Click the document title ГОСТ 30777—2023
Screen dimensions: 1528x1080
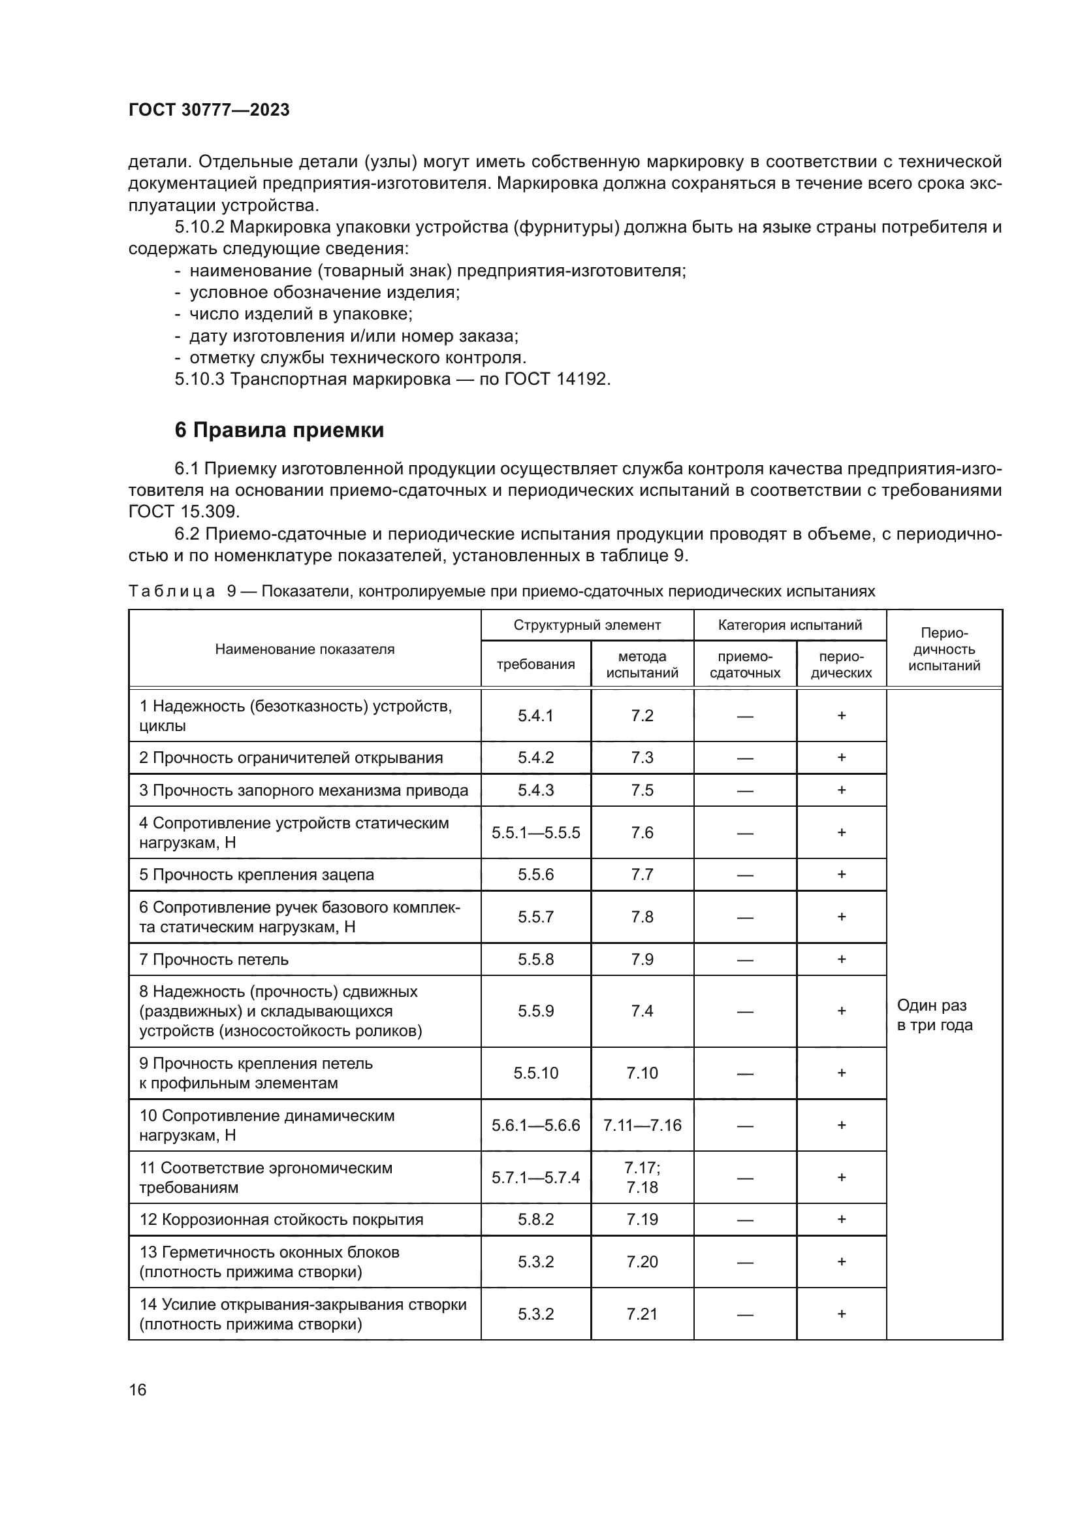tap(209, 110)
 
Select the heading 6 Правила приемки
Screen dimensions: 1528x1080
tap(279, 431)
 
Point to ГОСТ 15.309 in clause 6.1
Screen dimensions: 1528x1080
tap(183, 512)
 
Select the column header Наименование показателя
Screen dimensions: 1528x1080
tap(304, 649)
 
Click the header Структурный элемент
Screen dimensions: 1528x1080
tap(586, 625)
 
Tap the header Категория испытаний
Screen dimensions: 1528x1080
tap(789, 625)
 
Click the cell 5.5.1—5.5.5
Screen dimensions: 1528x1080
tap(535, 832)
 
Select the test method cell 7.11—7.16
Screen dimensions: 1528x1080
tap(642, 1126)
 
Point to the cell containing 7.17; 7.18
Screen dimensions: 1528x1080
tap(642, 1177)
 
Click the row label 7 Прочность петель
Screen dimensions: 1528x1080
tap(214, 960)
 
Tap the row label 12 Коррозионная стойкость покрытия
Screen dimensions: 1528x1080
tap(281, 1220)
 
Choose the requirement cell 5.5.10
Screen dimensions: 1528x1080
tap(535, 1073)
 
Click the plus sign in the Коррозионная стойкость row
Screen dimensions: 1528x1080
tap(841, 1220)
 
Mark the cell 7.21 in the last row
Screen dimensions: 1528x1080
tap(642, 1314)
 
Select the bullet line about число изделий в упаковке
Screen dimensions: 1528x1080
tap(300, 314)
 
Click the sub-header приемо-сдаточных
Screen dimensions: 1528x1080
tap(744, 664)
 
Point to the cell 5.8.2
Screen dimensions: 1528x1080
tap(535, 1220)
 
